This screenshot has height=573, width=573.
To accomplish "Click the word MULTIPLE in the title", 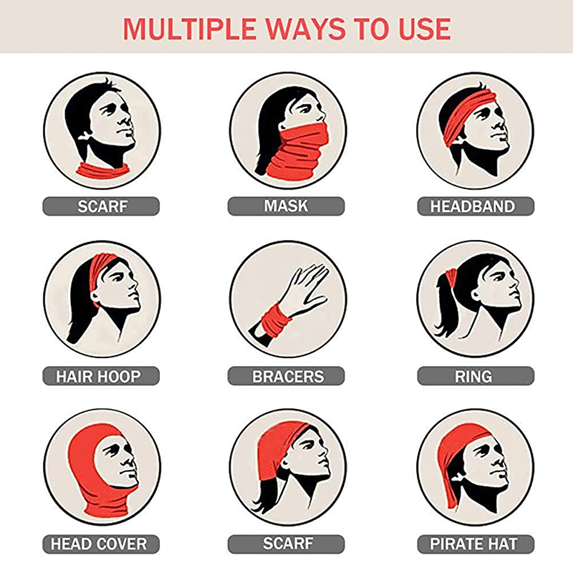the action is coord(189,29).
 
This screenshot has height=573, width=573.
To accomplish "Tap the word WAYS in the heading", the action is coord(306,29).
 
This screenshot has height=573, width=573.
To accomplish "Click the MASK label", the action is coord(286,206).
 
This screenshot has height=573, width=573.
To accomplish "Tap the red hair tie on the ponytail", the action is coord(452,279).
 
